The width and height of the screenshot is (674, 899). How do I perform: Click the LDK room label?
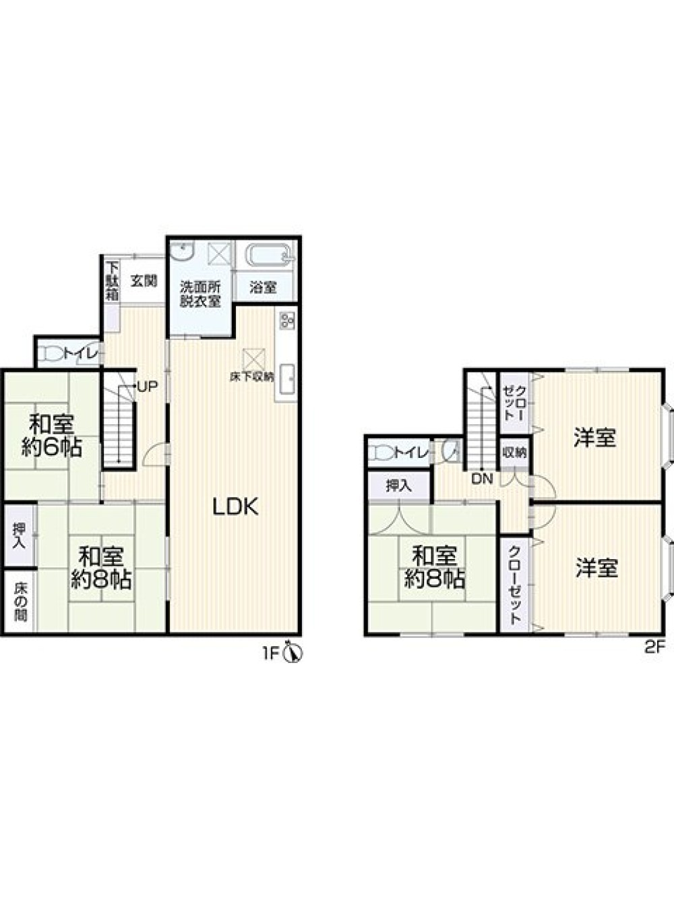point(235,507)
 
